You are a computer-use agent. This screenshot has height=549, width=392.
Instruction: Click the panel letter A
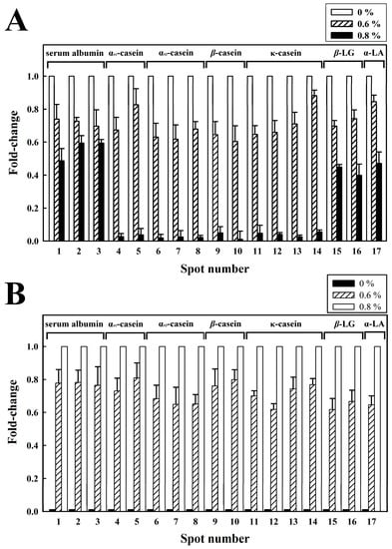tap(17, 20)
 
